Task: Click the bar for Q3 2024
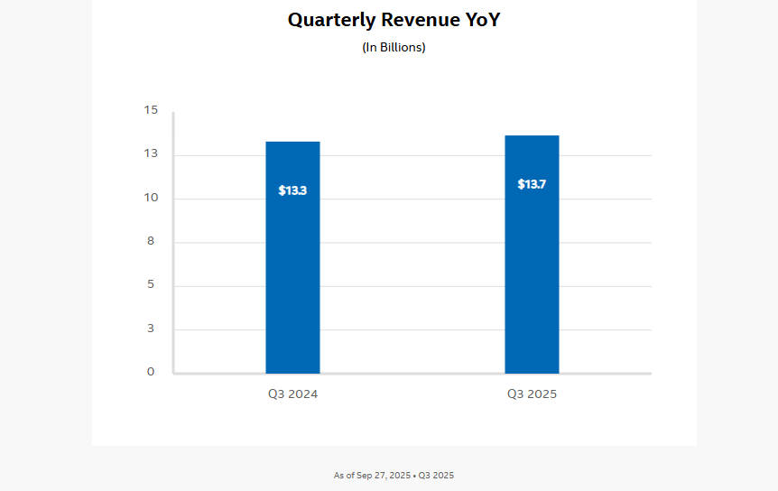tap(292, 271)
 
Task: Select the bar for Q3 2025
tap(532, 271)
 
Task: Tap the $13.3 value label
tap(292, 190)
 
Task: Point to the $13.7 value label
tap(532, 184)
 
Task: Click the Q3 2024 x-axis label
tap(292, 394)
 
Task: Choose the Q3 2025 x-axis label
tap(532, 394)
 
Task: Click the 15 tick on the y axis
tap(150, 110)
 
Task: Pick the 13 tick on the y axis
tap(150, 153)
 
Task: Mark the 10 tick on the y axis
tap(150, 198)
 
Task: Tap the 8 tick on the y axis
tap(151, 241)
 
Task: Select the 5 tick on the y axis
tap(151, 284)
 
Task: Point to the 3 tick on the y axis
tap(151, 329)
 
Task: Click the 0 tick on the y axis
tap(151, 372)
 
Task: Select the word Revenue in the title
tap(415, 20)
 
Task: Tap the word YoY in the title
tap(480, 20)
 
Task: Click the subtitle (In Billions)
tap(394, 47)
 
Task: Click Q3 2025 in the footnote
tap(436, 475)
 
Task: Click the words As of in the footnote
tap(343, 475)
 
